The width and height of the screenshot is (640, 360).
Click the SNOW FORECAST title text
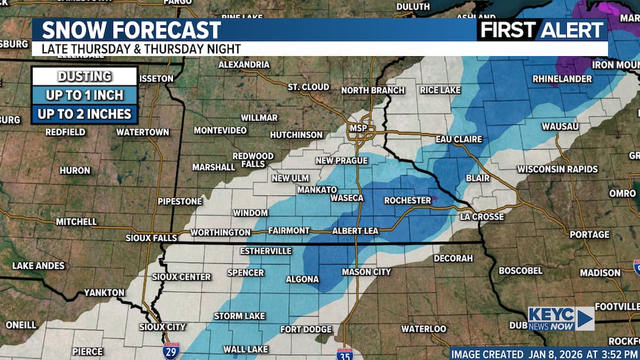[x=131, y=29]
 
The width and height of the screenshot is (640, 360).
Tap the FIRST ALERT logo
[x=542, y=29]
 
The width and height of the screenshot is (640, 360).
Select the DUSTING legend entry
[x=84, y=76]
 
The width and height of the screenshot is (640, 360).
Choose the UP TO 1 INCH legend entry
[x=84, y=95]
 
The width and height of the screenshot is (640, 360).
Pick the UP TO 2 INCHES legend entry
[x=84, y=114]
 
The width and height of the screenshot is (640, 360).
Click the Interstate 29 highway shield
[x=171, y=350]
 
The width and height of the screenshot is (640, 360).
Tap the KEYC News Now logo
[x=560, y=318]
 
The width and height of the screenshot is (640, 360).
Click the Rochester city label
[x=408, y=200]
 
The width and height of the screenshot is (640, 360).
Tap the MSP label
[x=358, y=128]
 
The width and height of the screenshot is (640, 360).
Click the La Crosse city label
[x=482, y=216]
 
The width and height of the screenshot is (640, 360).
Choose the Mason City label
[x=366, y=272]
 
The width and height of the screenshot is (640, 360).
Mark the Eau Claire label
[x=460, y=139]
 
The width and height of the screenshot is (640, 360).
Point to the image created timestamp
[x=544, y=353]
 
